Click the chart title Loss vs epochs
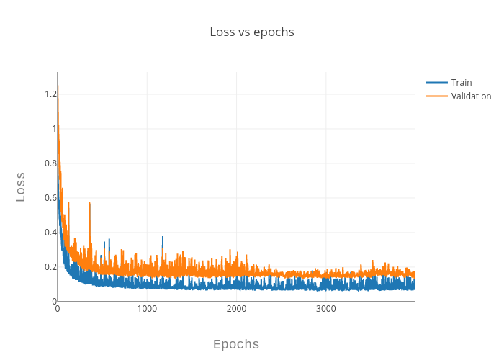tap(252, 32)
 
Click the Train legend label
tap(462, 82)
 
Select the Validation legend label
tap(471, 96)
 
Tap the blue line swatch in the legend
tap(436, 82)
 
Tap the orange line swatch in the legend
tap(436, 96)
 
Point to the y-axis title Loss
tap(21, 186)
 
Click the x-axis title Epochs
tap(236, 344)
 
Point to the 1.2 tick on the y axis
tap(50, 94)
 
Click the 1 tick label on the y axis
tap(53, 128)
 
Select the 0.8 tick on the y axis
tap(50, 163)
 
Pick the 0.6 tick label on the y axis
tap(50, 197)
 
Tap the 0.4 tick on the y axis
tap(50, 232)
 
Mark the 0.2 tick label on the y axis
tap(50, 266)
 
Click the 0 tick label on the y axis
tap(54, 301)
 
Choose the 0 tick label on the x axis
tap(58, 309)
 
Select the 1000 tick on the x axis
tap(147, 309)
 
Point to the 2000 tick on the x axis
tap(236, 309)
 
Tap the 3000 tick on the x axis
tap(325, 309)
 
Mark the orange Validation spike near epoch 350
tap(89, 205)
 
